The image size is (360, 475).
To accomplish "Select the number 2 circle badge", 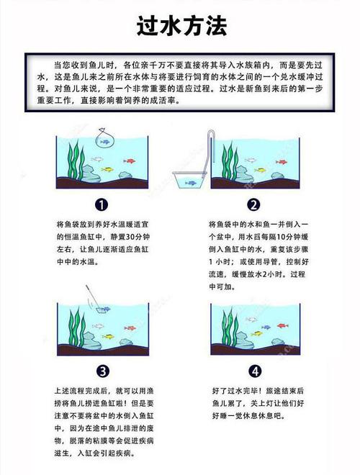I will [253, 204].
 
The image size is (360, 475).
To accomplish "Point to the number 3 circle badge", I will [102, 371].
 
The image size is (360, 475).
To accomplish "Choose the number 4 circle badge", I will [253, 371].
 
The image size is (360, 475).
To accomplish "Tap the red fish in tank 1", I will [130, 160].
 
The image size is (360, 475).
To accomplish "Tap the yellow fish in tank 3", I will [108, 336].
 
